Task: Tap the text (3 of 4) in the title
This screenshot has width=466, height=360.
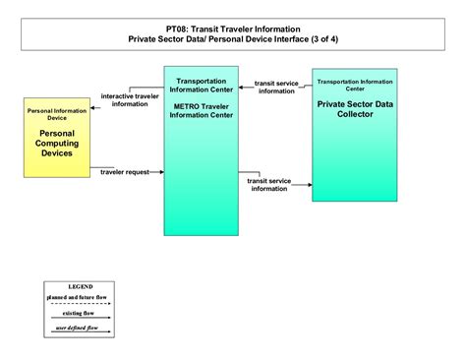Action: point(323,40)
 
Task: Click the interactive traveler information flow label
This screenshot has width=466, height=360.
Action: point(131,99)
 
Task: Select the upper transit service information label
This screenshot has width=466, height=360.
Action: point(276,88)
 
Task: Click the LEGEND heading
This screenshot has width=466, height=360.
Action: point(80,286)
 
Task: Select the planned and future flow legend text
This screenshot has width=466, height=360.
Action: point(80,296)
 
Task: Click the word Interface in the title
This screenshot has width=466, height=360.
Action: point(293,40)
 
